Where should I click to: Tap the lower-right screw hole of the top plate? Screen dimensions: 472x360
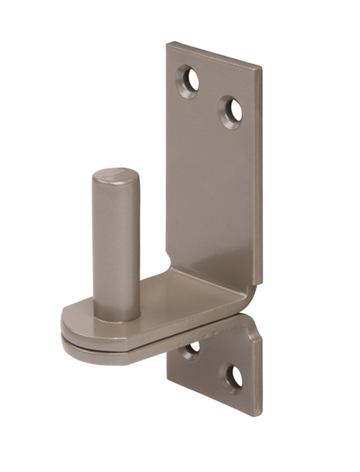230,112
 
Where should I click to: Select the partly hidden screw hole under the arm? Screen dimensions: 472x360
190,349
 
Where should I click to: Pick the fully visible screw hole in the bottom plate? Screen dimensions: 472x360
233,377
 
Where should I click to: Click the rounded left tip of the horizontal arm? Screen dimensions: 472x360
64,326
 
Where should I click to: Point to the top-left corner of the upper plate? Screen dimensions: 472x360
167,44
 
